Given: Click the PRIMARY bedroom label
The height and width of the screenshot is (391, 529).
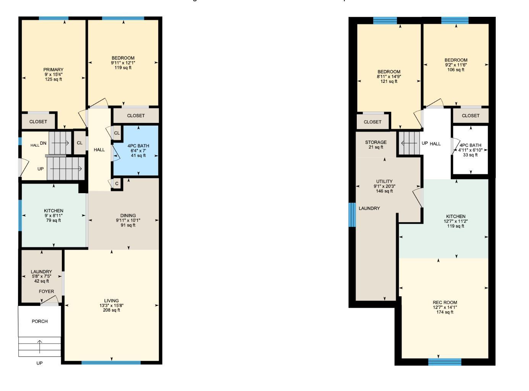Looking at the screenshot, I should point(53,69).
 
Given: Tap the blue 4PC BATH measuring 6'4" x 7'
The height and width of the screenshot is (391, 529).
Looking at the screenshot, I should point(138,150).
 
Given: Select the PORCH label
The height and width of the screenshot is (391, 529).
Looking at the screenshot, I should point(40,321).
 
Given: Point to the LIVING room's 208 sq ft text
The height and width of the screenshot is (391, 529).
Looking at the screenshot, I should point(112,310).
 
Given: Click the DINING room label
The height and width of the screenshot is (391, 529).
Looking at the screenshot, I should point(128,215).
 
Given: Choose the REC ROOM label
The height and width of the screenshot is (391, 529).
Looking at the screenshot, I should point(445,302).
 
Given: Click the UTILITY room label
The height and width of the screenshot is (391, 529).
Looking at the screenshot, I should point(384,181).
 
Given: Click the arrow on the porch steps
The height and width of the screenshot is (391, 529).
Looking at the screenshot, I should point(40,347).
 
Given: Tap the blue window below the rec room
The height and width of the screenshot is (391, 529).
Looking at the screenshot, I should point(445,362).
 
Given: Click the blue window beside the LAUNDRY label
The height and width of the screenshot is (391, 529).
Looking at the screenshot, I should point(352,215).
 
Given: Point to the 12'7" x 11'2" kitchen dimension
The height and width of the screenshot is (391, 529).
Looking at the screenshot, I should point(456,221).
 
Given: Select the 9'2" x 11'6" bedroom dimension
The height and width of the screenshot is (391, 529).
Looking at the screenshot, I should point(456,65).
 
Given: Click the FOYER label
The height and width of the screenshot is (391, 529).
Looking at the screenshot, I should point(47,291).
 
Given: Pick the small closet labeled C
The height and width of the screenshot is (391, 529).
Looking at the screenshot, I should point(117,184).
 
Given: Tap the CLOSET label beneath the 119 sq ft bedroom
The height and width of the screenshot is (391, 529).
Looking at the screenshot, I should point(136,116).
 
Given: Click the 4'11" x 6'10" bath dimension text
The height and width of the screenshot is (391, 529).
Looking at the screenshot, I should point(471,150).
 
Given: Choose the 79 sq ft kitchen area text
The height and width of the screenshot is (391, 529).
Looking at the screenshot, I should point(53,220).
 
